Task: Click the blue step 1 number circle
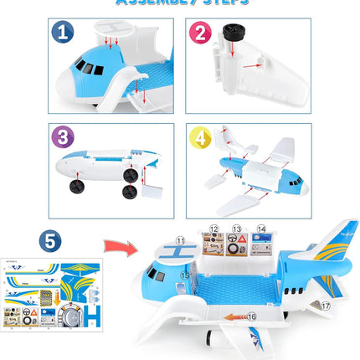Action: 61,34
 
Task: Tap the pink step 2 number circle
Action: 199,33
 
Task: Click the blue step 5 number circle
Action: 52,240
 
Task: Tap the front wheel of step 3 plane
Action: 77,186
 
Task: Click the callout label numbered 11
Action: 180,240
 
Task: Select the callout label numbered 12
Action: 214,228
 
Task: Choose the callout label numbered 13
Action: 237,228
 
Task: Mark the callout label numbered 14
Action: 261,228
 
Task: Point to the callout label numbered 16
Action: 251,316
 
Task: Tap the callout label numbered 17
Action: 326,306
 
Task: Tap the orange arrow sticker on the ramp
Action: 236,316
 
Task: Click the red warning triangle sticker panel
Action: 238,244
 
